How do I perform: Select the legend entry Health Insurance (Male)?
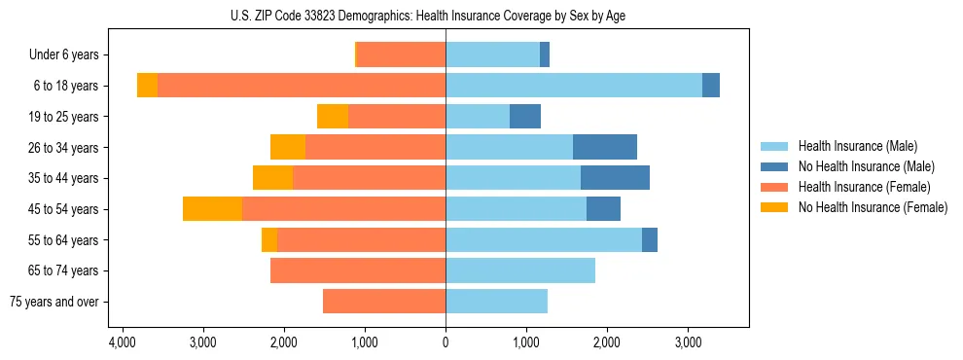(857, 146)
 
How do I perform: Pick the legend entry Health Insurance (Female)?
(864, 187)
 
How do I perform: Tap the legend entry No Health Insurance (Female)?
(872, 207)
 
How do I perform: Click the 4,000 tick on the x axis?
(122, 342)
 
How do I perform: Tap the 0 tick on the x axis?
(446, 342)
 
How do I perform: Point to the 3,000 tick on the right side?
(688, 342)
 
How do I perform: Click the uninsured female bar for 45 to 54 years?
(212, 209)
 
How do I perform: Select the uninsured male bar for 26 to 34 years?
(605, 148)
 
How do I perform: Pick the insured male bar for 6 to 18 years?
(574, 86)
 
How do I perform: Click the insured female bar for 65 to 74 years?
(358, 270)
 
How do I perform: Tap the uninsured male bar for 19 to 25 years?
(525, 117)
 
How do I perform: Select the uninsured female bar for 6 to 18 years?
(147, 86)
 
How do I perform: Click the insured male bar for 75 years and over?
(496, 302)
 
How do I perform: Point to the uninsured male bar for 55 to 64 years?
(650, 240)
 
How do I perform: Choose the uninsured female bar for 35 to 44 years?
(272, 178)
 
